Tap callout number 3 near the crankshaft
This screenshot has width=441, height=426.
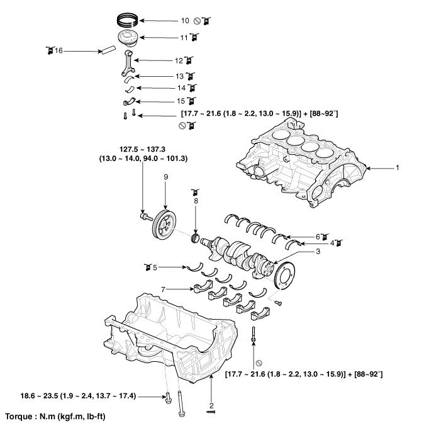tap(318, 252)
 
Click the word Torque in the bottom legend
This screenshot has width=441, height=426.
tap(18, 417)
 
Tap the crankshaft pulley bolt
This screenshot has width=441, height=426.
tap(144, 217)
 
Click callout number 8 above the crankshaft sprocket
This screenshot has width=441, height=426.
tap(196, 201)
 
